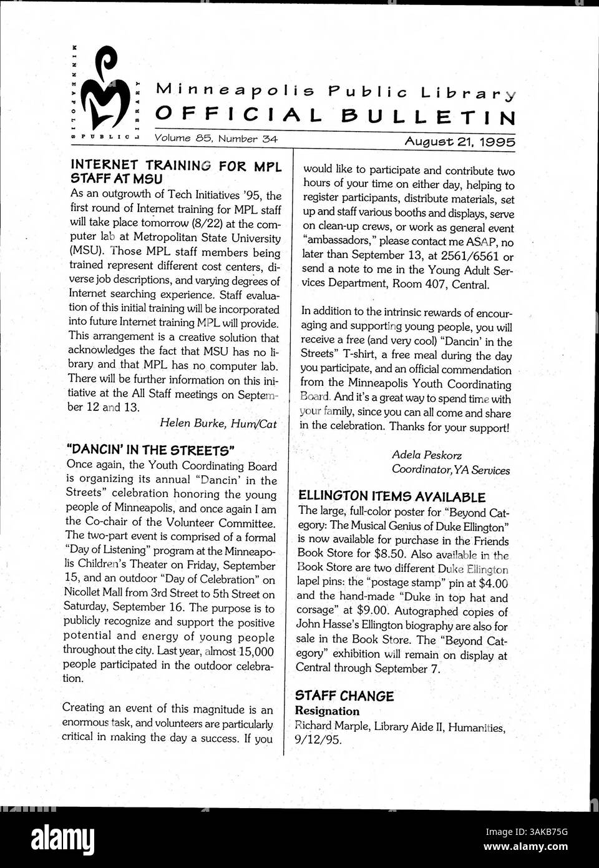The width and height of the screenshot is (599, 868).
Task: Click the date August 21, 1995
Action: pos(460,142)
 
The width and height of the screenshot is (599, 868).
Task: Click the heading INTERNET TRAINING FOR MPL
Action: pos(177,166)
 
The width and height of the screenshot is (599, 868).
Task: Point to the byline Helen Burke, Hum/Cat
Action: pos(218,423)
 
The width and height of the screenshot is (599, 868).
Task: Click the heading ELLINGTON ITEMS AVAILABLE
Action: pos(391,497)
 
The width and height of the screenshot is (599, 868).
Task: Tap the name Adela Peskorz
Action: pos(427,455)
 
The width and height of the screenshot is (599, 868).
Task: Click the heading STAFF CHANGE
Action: pos(344,696)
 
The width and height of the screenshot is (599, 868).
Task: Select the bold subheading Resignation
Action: pos(327,711)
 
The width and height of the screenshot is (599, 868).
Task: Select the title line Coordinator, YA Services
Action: pos(450,470)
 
